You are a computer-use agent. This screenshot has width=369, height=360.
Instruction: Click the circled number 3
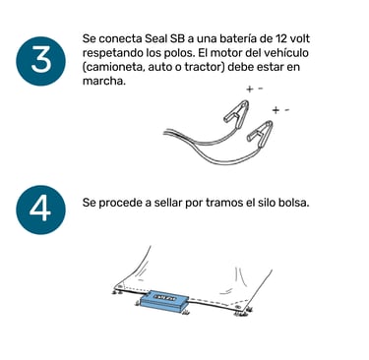(x=40, y=61)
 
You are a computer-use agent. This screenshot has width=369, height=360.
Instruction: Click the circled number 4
(x=40, y=210)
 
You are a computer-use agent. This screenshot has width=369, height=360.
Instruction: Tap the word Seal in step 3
(x=155, y=38)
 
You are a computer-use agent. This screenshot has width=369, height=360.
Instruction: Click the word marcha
(x=104, y=81)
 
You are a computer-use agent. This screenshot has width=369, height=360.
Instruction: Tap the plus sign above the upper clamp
(x=250, y=89)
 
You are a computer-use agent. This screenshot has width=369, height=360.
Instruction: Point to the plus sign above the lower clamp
(x=276, y=110)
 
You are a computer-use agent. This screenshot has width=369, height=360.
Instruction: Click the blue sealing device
(x=164, y=302)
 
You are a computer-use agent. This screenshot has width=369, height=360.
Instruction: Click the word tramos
(x=224, y=203)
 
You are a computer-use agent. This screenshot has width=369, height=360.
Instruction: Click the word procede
(x=122, y=203)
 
